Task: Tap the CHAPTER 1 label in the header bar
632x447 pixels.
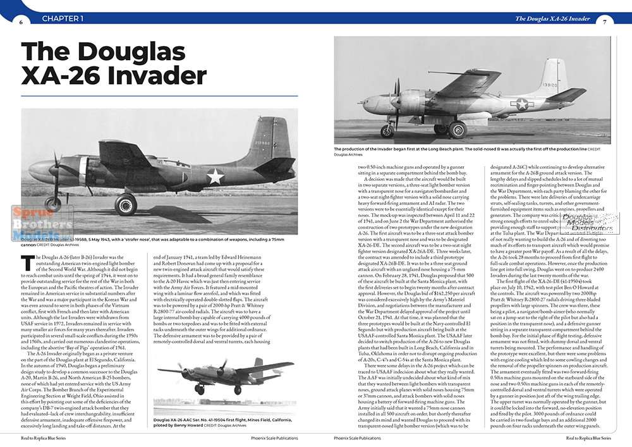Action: (63, 19)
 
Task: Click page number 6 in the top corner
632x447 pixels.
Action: (21, 21)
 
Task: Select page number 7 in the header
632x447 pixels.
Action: (605, 21)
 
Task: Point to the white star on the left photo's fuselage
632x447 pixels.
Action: (216, 176)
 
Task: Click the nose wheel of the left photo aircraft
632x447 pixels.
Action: (54, 204)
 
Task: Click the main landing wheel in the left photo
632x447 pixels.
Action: (126, 204)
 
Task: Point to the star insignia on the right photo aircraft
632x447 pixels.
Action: (522, 104)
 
